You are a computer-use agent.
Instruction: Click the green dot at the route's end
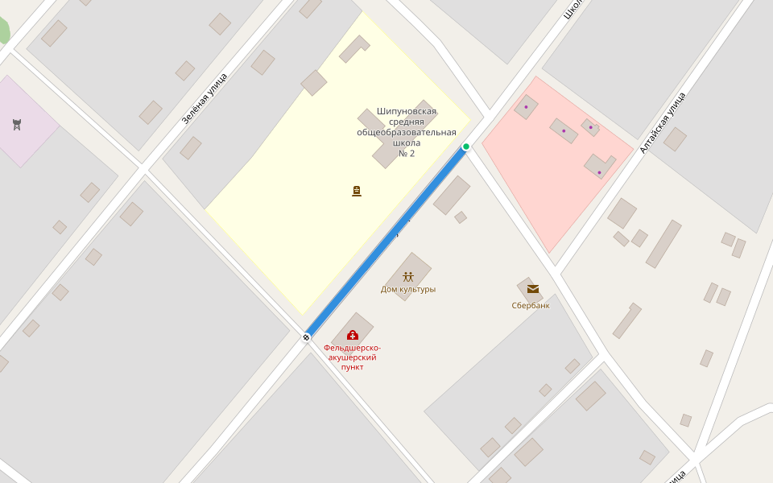466,147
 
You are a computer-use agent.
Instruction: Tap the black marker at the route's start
306,336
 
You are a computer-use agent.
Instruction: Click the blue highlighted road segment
386,242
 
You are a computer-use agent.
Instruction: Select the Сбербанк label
531,306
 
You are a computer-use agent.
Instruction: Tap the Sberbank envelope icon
532,289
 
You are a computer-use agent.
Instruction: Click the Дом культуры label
408,289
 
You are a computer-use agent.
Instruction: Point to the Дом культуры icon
408,277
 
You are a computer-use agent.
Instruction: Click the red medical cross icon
352,335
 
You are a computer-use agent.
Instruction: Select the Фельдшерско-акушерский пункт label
353,357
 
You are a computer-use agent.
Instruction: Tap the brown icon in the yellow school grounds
357,191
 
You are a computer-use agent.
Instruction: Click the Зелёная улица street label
204,99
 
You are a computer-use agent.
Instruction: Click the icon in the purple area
17,124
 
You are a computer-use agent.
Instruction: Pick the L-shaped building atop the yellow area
353,49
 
